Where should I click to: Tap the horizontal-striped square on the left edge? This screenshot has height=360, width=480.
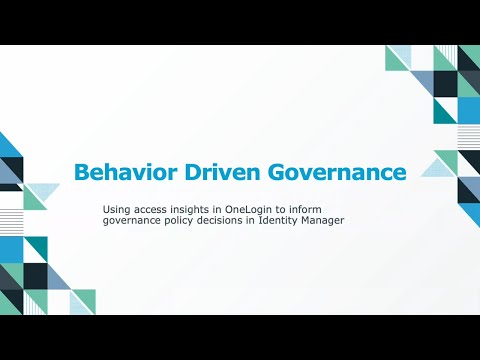pos(11,222)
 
